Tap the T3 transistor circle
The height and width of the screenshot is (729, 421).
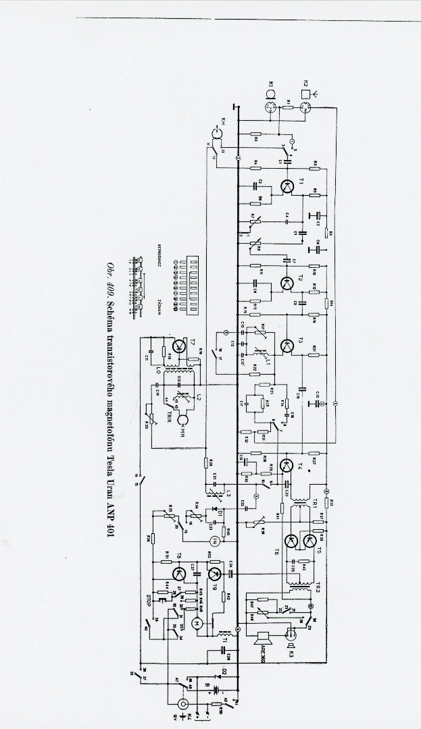pyautogui.click(x=288, y=346)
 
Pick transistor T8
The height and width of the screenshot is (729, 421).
pyautogui.click(x=178, y=574)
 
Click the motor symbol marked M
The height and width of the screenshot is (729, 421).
pyautogui.click(x=198, y=622)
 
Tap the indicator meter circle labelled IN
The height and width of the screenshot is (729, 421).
pyautogui.click(x=214, y=539)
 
